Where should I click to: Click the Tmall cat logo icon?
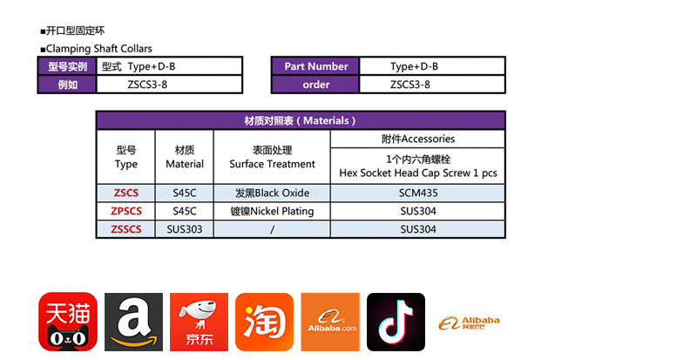click(x=67, y=322)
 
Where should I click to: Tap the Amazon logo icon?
click(x=133, y=322)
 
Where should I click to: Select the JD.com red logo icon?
click(x=199, y=322)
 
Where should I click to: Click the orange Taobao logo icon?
click(x=264, y=322)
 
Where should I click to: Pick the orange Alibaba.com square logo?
click(x=330, y=322)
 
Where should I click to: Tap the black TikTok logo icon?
click(x=396, y=322)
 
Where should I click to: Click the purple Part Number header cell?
click(x=315, y=66)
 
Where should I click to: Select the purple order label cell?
click(x=315, y=85)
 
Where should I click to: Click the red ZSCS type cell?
click(x=125, y=193)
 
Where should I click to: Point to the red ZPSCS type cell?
click(x=125, y=211)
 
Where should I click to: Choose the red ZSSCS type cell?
click(x=125, y=229)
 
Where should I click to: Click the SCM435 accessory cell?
click(x=417, y=193)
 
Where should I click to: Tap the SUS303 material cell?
click(x=184, y=229)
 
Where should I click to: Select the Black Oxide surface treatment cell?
click(x=272, y=193)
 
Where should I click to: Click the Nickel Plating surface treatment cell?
click(x=272, y=211)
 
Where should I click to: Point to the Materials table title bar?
click(x=301, y=121)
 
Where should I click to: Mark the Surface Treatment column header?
click(x=272, y=157)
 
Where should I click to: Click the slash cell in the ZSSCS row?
click(x=272, y=229)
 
